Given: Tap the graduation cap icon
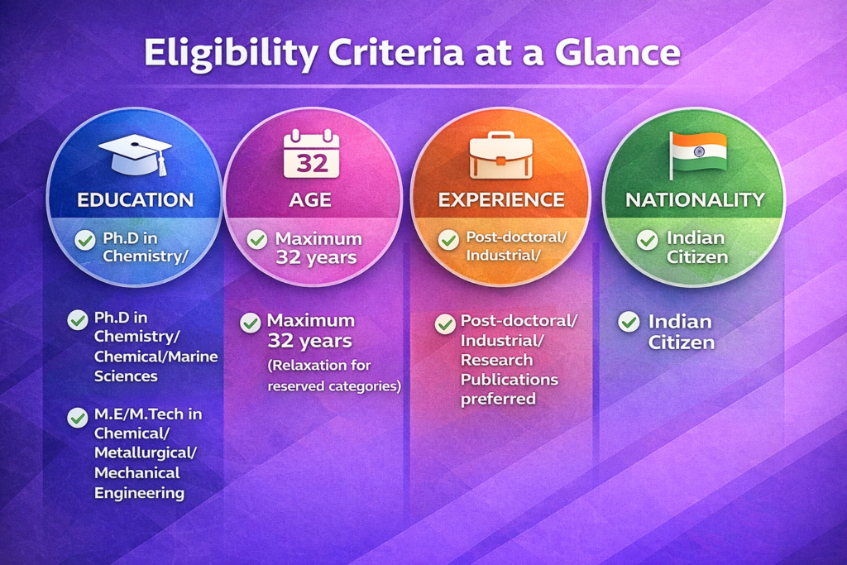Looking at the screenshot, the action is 135,155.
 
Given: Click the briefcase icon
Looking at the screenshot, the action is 500,155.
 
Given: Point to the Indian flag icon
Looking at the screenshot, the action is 697,155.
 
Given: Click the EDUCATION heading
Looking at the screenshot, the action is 135,200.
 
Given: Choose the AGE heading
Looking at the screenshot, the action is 310,200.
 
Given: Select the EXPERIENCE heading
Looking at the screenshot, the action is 501,200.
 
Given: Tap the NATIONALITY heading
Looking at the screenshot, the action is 695,200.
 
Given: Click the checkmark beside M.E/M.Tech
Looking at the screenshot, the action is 78,418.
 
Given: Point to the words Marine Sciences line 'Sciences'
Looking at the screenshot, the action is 126,376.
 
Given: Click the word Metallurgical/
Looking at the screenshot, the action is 146,452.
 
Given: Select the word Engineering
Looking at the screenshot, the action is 139,493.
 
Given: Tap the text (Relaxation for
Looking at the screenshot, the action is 319,366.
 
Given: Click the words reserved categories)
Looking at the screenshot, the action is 334,386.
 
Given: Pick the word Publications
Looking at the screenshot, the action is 510,379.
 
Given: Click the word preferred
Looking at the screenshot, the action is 498,400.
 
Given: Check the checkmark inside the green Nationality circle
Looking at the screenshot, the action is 647,240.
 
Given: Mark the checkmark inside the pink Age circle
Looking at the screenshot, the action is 257,239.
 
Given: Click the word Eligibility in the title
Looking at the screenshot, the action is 232,54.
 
